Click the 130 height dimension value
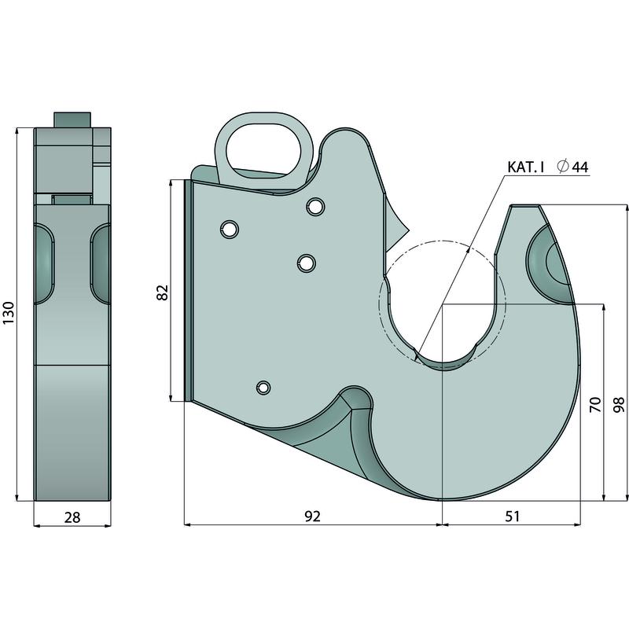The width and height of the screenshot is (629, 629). (x=9, y=313)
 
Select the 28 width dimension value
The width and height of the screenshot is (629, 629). (x=72, y=517)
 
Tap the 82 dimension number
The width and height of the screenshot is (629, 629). (x=163, y=292)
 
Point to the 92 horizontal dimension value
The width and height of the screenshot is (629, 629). (x=312, y=516)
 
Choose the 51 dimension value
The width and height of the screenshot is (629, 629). (x=513, y=516)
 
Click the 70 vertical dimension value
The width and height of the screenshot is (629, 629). (x=595, y=404)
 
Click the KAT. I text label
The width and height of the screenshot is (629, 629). (x=525, y=167)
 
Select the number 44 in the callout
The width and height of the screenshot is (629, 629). (x=579, y=167)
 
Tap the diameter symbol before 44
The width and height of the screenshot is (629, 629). (x=563, y=166)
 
